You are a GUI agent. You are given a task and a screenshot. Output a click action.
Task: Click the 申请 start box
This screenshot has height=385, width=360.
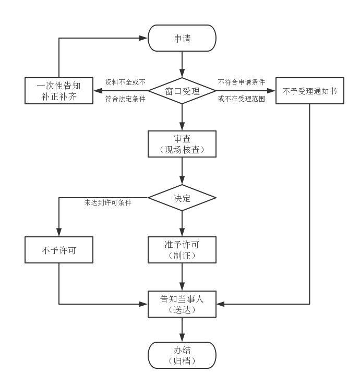pos(182,38)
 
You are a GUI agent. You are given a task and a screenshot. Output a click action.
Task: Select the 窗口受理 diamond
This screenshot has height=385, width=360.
pos(182,91)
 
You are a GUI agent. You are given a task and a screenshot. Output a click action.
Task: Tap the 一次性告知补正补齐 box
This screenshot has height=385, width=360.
pos(59,91)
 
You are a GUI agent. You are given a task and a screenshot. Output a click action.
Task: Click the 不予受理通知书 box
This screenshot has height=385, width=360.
pos(309,91)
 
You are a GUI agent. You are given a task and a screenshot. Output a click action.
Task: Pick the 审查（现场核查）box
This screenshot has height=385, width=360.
pos(182,144)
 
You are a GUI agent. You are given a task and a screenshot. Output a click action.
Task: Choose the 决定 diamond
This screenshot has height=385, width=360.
pos(182,198)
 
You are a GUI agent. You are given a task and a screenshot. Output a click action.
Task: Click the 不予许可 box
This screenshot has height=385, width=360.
pos(59,250)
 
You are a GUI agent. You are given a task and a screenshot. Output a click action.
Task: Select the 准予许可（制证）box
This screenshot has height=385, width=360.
pos(182,250)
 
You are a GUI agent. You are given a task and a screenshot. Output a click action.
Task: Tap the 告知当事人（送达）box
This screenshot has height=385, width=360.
pos(182,304)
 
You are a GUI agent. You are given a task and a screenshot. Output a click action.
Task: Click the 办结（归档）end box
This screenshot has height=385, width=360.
pos(182,355)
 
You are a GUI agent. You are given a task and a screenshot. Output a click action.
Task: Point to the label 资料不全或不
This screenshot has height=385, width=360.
pos(125,82)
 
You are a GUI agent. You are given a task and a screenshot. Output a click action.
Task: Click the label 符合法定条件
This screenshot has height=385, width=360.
pos(125,99)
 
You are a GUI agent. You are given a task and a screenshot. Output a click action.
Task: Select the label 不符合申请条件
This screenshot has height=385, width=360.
pos(242,82)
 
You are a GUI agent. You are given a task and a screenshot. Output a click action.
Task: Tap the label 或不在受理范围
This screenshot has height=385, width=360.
pos(242,99)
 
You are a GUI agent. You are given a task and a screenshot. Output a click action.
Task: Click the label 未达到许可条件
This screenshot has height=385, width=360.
pos(108,202)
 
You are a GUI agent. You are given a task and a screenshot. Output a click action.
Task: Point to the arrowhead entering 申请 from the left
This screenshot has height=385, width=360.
pos(144,38)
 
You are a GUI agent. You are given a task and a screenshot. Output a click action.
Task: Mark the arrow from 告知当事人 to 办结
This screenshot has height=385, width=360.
pos(182,329)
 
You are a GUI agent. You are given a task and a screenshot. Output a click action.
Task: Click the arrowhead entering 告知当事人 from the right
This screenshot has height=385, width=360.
pos(220,304)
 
